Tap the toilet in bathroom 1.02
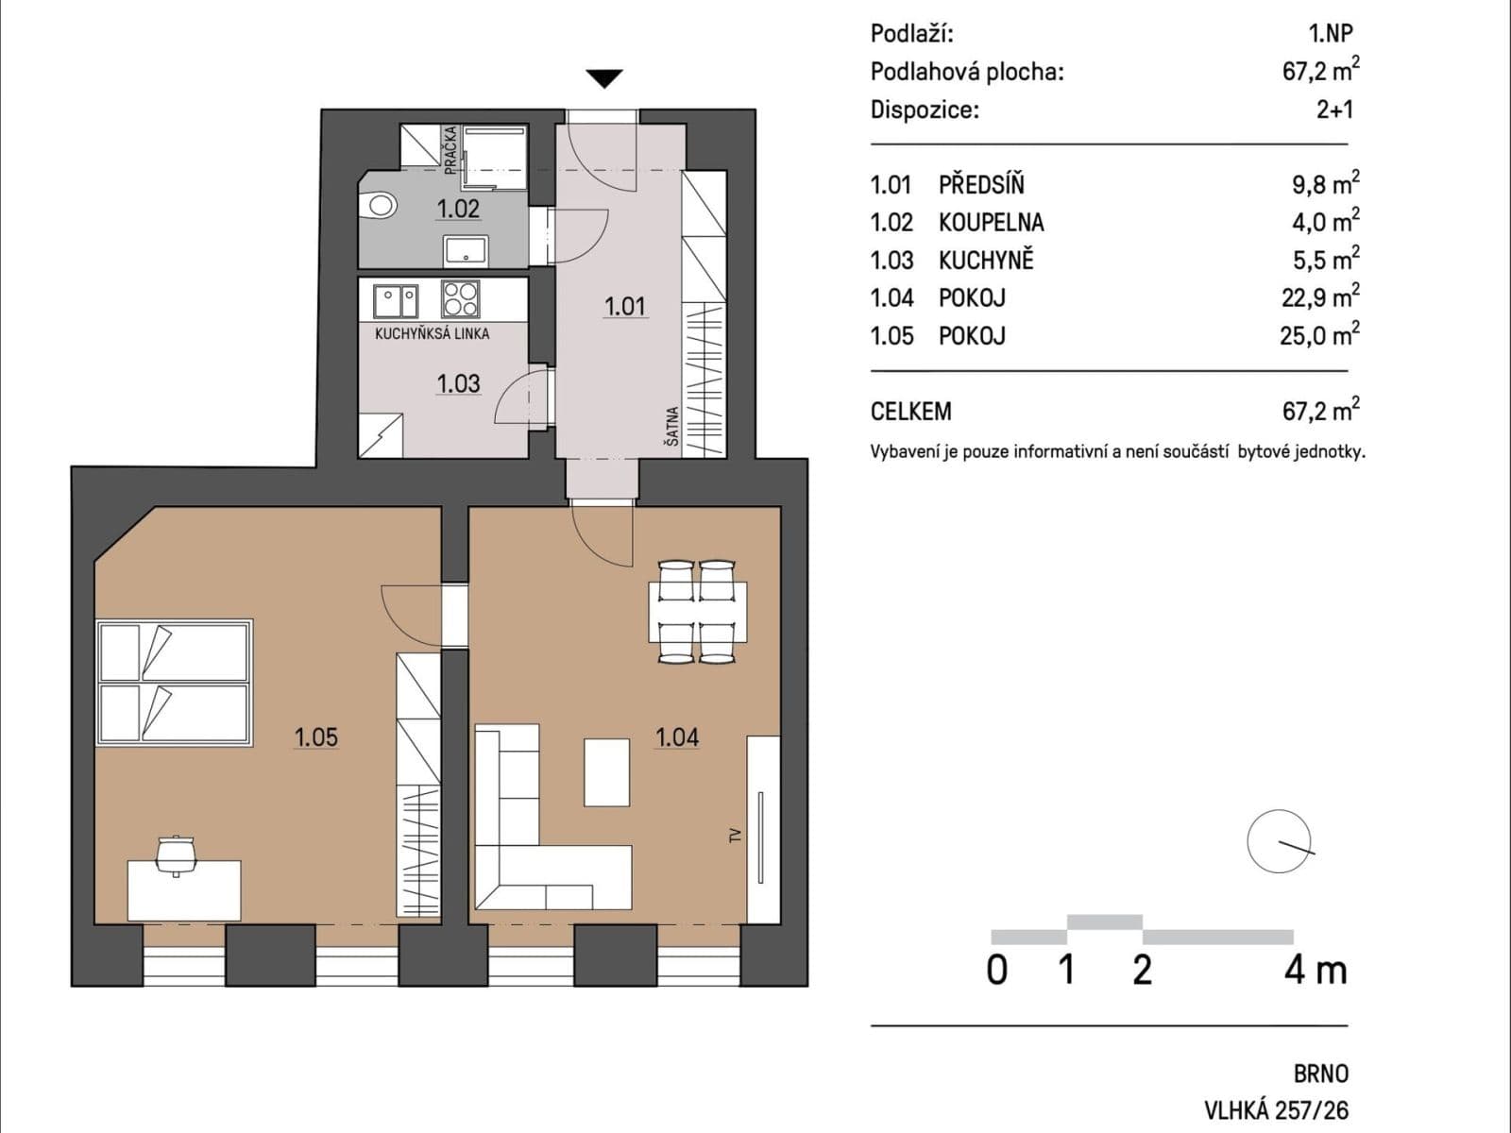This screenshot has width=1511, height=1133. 381,204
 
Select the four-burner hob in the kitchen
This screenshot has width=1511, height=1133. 461,299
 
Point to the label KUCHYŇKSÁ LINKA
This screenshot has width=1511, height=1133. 432,333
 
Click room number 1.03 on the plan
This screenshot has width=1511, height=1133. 458,383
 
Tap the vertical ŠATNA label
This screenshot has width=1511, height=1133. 671,427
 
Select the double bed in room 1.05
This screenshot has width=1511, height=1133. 174,683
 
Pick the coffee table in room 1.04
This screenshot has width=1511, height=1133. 606,772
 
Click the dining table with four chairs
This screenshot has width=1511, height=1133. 698,612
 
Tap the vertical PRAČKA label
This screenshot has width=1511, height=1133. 451,149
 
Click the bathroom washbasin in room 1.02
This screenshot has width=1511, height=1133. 466,250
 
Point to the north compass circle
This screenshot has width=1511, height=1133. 1279,841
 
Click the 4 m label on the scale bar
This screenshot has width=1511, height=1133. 1315,970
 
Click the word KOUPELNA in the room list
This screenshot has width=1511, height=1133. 991,222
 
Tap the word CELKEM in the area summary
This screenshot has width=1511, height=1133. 910,412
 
